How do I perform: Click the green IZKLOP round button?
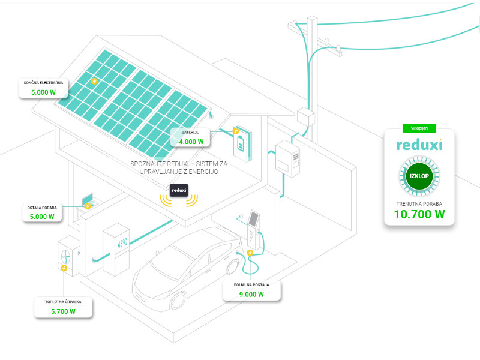[419, 177]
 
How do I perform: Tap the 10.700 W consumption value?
[419, 213]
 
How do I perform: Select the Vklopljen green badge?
[419, 128]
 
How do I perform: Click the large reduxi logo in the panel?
[419, 145]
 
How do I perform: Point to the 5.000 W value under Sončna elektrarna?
[43, 93]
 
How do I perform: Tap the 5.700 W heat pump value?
[64, 311]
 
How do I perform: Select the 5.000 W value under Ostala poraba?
[42, 217]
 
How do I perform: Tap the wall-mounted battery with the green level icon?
[242, 144]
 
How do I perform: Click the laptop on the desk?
[88, 198]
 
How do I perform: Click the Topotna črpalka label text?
[63, 301]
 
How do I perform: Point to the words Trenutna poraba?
[419, 202]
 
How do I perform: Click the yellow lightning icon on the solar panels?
[94, 81]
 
